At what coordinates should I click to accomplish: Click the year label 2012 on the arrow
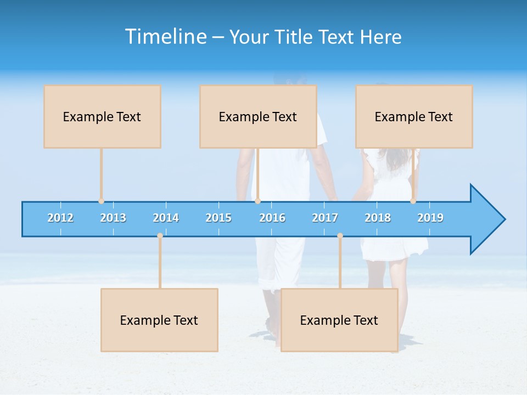[x=60, y=218]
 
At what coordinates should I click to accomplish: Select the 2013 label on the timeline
[x=113, y=218]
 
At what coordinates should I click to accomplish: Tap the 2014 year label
[x=166, y=218]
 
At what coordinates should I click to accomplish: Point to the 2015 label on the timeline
[x=218, y=218]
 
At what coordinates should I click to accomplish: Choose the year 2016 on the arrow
[x=272, y=218]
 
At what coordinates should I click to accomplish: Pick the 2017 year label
[x=325, y=218]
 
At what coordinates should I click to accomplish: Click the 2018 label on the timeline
[x=378, y=218]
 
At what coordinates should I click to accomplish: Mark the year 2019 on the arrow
[x=430, y=218]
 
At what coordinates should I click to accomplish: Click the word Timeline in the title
[x=165, y=37]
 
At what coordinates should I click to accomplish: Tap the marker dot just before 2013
[x=101, y=201]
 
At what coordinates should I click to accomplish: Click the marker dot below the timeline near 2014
[x=160, y=236]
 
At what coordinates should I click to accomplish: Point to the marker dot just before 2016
[x=257, y=201]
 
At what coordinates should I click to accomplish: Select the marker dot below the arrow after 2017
[x=340, y=236]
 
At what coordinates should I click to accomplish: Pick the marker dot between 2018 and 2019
[x=413, y=201]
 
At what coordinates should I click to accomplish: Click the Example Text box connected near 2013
[x=102, y=117]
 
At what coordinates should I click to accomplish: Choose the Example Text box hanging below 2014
[x=159, y=320]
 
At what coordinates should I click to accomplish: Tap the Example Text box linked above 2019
[x=414, y=117]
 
